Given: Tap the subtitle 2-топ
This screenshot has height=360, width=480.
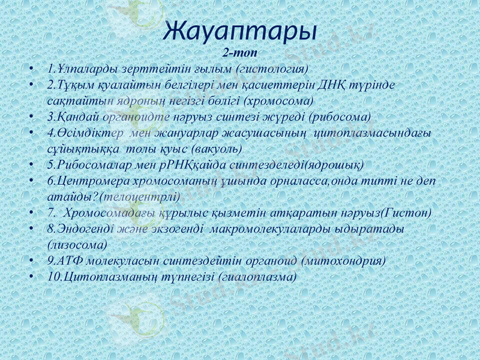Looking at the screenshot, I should pyautogui.click(x=240, y=52).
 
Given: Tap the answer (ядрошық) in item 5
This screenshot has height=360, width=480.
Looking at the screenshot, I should pyautogui.click(x=334, y=164).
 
